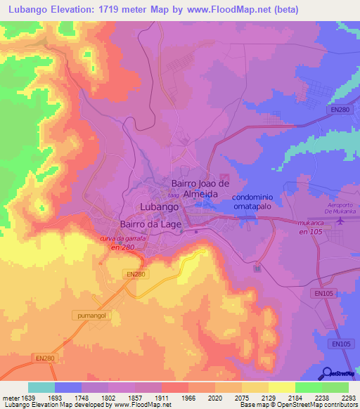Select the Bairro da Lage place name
151,224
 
